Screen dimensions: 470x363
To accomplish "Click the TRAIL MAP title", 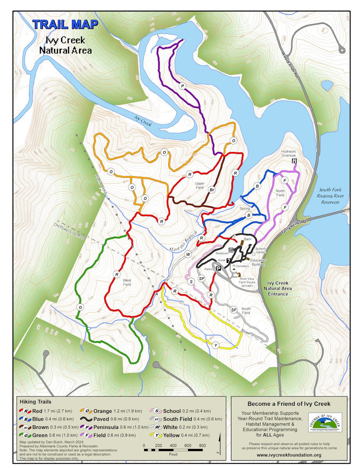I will click(x=65, y=24).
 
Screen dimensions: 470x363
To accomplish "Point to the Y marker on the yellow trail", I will click(x=215, y=345).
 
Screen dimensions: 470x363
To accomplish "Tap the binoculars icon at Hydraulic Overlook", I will click(x=294, y=161).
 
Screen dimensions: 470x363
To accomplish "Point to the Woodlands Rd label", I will click(x=290, y=63).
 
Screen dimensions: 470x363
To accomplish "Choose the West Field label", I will click(x=127, y=282).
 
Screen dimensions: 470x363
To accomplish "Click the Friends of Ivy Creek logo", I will click(x=325, y=423).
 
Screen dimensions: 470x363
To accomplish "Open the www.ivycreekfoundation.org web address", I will click(x=289, y=455).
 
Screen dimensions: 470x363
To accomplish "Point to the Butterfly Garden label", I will click(x=261, y=251).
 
